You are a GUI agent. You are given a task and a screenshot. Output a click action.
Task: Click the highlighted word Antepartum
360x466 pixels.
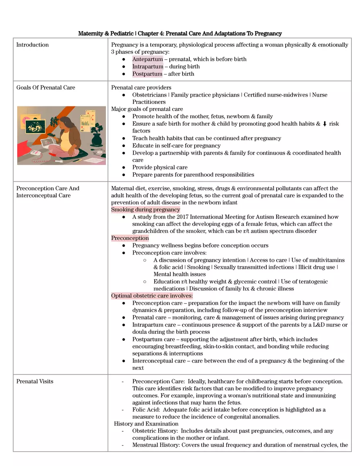(x=147, y=59)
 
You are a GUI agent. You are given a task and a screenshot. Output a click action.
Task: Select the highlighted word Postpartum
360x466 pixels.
(x=147, y=74)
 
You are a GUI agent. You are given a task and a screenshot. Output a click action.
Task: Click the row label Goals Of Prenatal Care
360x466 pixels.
(x=45, y=88)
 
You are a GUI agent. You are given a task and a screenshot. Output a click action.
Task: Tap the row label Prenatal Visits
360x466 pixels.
(x=35, y=381)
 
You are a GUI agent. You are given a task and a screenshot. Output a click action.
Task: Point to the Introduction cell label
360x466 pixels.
(x=32, y=45)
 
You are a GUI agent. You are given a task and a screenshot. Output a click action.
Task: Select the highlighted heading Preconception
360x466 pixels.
(x=130, y=238)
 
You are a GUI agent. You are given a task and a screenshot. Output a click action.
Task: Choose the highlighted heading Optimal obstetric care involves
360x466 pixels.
(x=152, y=296)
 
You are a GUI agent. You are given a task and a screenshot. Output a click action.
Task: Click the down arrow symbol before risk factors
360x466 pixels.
(x=324, y=124)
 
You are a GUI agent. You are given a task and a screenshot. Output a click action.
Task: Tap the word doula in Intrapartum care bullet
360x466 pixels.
(x=139, y=332)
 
